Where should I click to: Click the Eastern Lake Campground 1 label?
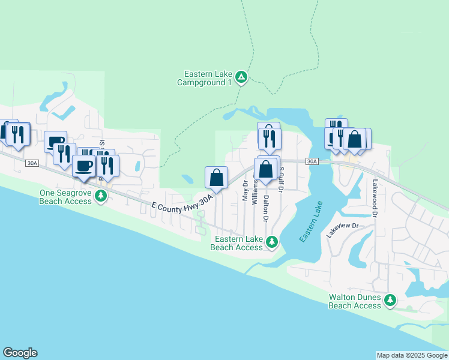(x=208, y=78)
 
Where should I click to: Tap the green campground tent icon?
(x=241, y=77)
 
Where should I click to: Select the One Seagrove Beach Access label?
(x=65, y=197)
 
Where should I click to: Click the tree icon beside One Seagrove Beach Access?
(x=101, y=196)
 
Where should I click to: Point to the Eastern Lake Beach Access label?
(x=237, y=243)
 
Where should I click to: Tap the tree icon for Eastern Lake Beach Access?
(x=272, y=242)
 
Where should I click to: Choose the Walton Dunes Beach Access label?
(x=355, y=301)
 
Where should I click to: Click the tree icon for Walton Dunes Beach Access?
(x=391, y=299)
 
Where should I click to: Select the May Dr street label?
(x=245, y=189)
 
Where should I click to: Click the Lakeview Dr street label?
(x=342, y=230)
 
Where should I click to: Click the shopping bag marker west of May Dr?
(x=217, y=178)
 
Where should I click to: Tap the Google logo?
(x=20, y=353)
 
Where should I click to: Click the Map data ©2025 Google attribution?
(x=412, y=355)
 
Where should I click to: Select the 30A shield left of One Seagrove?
(x=32, y=163)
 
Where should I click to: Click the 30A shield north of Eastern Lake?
(x=311, y=161)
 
